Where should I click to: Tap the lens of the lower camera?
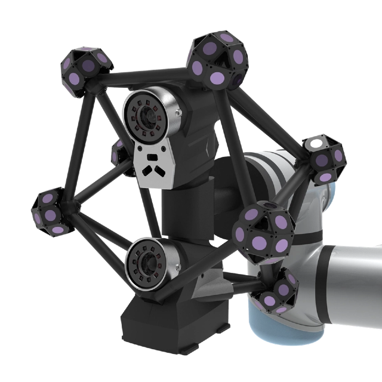146,263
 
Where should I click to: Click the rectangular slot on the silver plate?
153,157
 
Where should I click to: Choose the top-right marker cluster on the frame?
218,60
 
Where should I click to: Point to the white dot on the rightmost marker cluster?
314,145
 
